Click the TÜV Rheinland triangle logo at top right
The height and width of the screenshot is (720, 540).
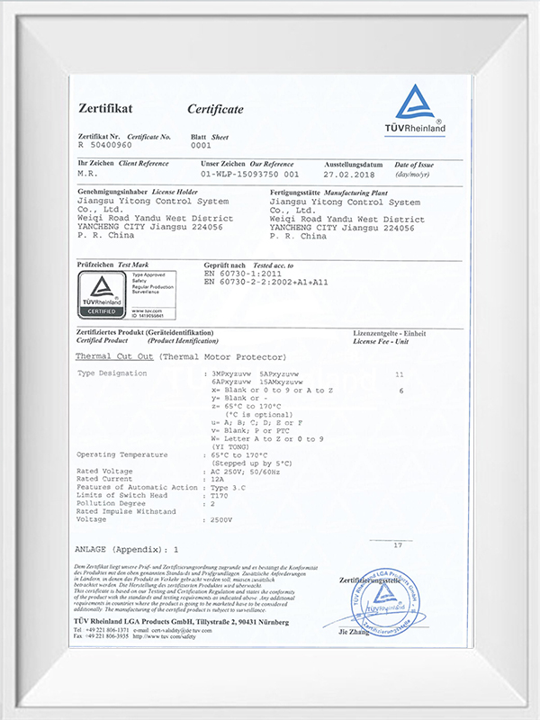pos(416,105)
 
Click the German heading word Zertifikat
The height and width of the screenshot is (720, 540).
pos(105,108)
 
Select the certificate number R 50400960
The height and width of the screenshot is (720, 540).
pos(105,144)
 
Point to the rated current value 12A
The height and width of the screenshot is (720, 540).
pos(216,478)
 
